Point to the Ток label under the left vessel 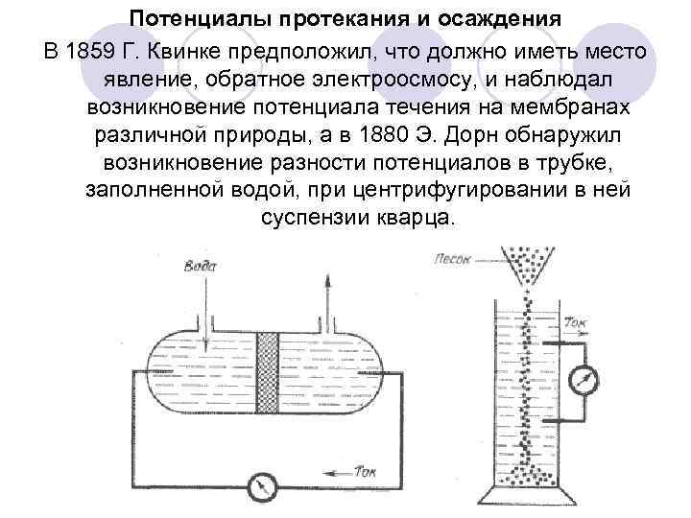[x=366, y=471]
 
